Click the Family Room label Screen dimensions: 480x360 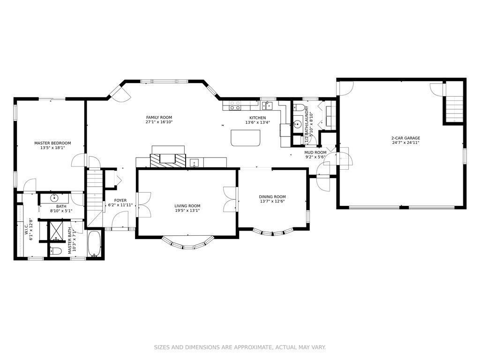pyautogui.click(x=159, y=117)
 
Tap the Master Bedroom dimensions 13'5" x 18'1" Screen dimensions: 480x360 pyautogui.click(x=52, y=148)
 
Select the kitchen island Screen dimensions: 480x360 pyautogui.click(x=246, y=138)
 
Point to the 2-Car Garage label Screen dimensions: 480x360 pyautogui.click(x=405, y=138)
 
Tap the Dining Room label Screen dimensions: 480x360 pyautogui.click(x=272, y=197)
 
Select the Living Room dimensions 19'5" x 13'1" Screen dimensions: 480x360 pyautogui.click(x=187, y=210)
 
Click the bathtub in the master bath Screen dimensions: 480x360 pyautogui.click(x=94, y=244)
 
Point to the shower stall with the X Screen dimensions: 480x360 pyautogui.click(x=56, y=230)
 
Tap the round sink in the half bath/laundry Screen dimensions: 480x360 pyautogui.click(x=297, y=124)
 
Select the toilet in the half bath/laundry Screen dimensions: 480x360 pyautogui.click(x=299, y=107)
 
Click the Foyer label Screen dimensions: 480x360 pyautogui.click(x=120, y=201)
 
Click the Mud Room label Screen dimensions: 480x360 pyautogui.click(x=315, y=152)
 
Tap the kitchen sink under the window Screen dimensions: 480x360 pyautogui.click(x=267, y=105)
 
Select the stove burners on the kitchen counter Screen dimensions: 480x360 pyautogui.click(x=235, y=105)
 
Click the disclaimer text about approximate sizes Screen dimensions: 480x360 pyautogui.click(x=240, y=347)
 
